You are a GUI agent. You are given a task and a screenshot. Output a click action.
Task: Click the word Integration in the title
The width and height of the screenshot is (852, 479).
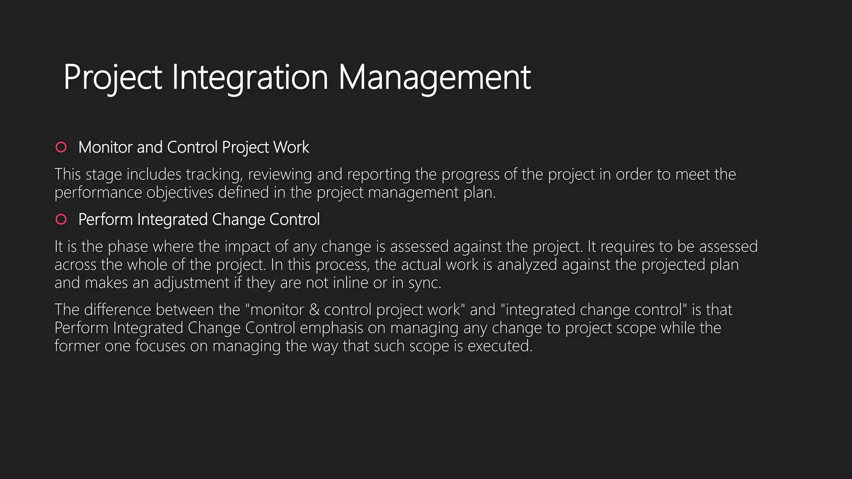point(250,77)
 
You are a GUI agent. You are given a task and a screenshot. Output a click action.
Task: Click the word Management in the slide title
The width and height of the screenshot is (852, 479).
point(434,77)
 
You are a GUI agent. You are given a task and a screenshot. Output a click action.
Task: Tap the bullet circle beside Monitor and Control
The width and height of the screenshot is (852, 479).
point(61,147)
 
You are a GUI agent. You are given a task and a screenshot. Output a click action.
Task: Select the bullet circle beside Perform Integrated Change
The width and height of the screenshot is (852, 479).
point(61,219)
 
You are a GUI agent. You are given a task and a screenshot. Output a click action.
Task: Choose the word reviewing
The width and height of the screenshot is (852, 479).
point(280,175)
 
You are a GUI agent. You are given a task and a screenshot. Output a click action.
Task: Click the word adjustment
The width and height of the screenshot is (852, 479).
point(191,283)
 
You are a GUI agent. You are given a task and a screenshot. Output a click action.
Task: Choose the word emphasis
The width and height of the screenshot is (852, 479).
point(331,328)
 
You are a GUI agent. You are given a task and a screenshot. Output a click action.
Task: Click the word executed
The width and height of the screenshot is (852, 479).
point(499,346)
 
